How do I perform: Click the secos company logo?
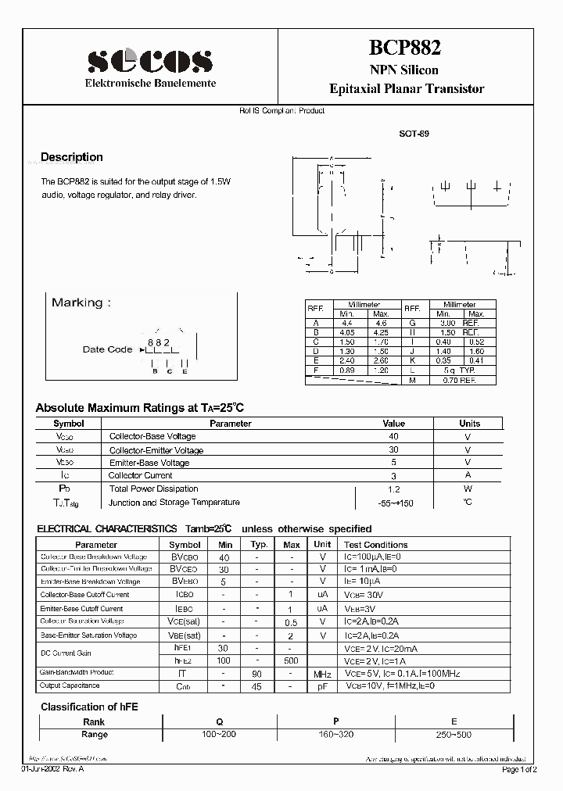(150, 59)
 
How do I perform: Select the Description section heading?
(71, 157)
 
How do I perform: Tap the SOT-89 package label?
(414, 134)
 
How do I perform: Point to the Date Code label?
(107, 349)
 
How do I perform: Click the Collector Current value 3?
(393, 476)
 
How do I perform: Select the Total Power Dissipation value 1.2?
(393, 489)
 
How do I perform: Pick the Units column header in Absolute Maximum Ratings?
(469, 423)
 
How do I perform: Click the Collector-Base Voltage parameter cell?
(152, 436)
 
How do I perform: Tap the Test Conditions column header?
(375, 545)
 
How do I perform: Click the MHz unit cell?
(322, 674)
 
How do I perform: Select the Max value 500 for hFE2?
(291, 660)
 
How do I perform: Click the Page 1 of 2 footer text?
(518, 770)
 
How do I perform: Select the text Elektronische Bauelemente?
(150, 83)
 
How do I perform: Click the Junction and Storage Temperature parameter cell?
(174, 503)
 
